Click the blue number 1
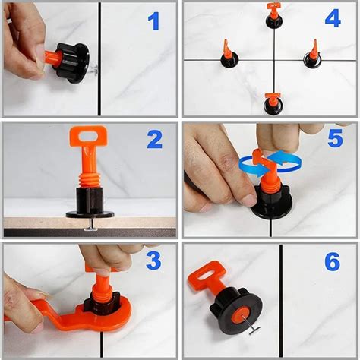point(154,21)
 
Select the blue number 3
point(153,261)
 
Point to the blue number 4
point(333,18)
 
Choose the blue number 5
point(336,138)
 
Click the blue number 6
point(333,261)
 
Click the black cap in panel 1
point(72,62)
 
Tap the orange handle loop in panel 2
point(88,136)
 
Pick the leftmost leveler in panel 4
point(229,55)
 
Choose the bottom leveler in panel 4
point(273,104)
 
